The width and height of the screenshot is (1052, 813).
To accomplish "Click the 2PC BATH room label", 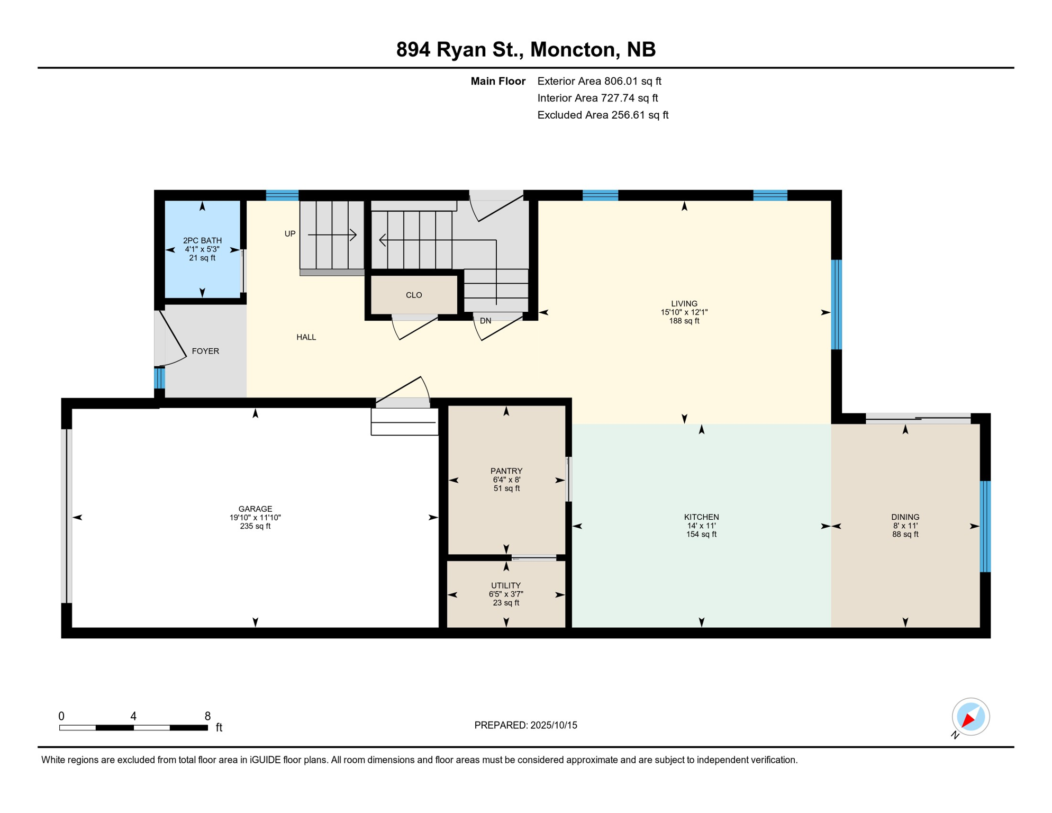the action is (202, 240).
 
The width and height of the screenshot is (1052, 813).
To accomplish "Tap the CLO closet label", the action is (414, 295).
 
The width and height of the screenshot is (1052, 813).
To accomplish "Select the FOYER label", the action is (205, 351).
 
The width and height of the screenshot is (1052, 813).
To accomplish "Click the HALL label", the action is (306, 337).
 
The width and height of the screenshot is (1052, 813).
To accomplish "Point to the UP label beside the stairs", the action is (290, 233).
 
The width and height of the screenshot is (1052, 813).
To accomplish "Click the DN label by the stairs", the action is (485, 321).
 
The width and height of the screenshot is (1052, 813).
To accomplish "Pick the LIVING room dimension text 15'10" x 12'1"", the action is (684, 312).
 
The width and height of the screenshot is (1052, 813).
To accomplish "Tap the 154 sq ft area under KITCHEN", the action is (701, 535).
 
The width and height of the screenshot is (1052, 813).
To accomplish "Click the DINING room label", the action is (905, 517).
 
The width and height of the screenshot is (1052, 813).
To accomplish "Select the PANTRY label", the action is (506, 471).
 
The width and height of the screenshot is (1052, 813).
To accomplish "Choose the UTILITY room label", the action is (506, 585).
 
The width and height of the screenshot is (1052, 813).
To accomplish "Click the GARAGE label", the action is (255, 509).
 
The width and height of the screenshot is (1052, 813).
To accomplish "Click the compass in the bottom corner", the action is (971, 717).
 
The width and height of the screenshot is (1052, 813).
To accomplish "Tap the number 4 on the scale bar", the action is (133, 716).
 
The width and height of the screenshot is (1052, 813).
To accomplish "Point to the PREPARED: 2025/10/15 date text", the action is (525, 725).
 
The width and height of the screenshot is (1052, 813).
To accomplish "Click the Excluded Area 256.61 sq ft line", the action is (603, 115).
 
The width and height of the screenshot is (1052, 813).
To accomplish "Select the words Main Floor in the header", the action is (498, 81).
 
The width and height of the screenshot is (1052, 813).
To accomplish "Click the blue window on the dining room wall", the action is (985, 526).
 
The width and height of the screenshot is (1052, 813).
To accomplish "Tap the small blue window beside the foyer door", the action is (159, 378).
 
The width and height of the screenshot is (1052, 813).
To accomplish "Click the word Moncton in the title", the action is (574, 49).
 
